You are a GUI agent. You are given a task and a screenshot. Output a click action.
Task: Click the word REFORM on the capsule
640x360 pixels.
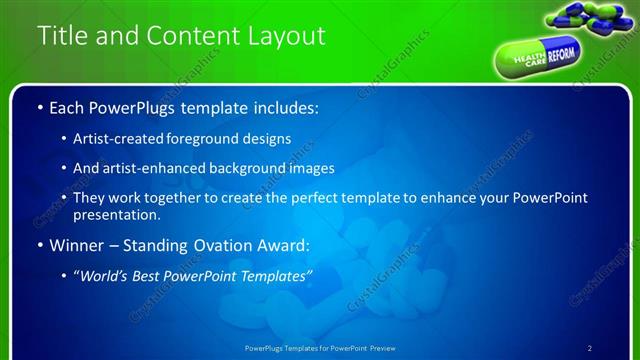(x=561, y=52)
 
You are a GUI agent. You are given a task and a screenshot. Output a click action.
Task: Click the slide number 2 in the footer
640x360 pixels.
(x=590, y=347)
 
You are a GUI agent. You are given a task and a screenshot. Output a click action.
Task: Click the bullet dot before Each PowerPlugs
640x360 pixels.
(x=39, y=107)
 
